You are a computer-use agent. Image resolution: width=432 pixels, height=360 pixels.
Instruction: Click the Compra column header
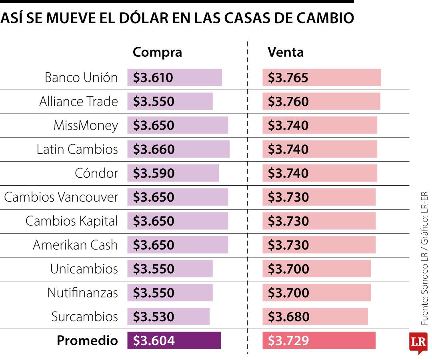tap(157, 52)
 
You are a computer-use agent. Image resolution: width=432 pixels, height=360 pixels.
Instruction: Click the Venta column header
tap(286, 52)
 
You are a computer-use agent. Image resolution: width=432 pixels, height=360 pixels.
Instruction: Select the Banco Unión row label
tap(81, 77)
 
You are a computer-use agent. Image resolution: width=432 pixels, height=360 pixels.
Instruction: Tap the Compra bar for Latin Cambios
tap(178, 149)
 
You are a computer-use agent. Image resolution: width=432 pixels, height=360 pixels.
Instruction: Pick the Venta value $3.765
tap(288, 78)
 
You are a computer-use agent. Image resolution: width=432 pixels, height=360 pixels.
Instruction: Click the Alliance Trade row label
tap(78, 102)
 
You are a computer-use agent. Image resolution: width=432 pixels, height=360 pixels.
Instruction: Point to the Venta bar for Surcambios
tap(315, 317)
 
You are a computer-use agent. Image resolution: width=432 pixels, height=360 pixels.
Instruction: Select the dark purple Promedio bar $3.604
tap(174, 340)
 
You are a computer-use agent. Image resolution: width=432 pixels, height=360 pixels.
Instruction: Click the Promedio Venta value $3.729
tap(288, 340)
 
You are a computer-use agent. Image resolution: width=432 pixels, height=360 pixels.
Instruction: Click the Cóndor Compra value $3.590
tap(154, 173)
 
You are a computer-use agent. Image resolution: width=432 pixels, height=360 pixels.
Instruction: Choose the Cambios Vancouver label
tap(61, 197)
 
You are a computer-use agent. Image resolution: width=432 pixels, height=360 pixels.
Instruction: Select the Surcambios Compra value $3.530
tap(154, 317)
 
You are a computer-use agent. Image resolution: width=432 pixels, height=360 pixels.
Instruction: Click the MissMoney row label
tap(86, 126)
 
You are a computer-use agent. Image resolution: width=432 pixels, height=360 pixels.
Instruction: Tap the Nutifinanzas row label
tap(82, 293)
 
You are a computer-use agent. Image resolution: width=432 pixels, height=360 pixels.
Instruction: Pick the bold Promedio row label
tap(87, 340)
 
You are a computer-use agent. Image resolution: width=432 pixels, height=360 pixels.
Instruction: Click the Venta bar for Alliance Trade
tap(321, 102)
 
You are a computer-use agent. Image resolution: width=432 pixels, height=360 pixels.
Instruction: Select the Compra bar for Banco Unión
tap(174, 78)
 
